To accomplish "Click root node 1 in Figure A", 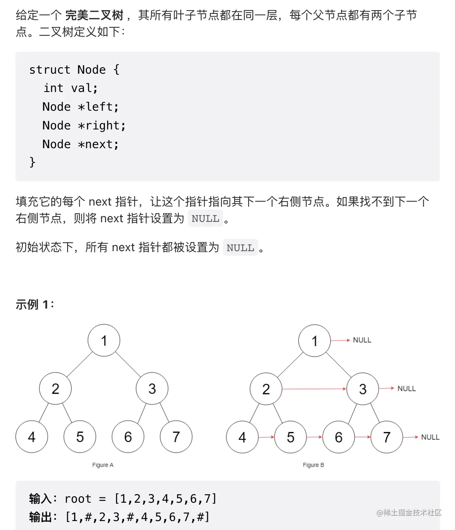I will [104, 340].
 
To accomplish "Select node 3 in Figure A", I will [152, 388].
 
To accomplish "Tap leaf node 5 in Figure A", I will [80, 437].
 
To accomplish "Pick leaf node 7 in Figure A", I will [176, 437].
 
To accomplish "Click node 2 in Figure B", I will [266, 389].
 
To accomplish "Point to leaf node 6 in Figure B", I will [339, 437].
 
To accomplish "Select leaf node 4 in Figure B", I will [242, 437].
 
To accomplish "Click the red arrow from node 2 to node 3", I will [314, 389].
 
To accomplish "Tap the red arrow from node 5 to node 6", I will [315, 437].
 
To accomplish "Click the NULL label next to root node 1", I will [362, 340].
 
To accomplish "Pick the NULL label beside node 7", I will [430, 437].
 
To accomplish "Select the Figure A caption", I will [103, 465].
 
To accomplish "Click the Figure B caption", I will [313, 465].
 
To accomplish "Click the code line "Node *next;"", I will [81, 144].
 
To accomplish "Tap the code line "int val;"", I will [71, 88].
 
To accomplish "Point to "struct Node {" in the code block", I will [74, 70].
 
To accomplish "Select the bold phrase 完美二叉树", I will [94, 15].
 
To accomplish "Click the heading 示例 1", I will [34, 304].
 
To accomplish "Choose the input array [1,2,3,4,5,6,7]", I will [165, 499].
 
